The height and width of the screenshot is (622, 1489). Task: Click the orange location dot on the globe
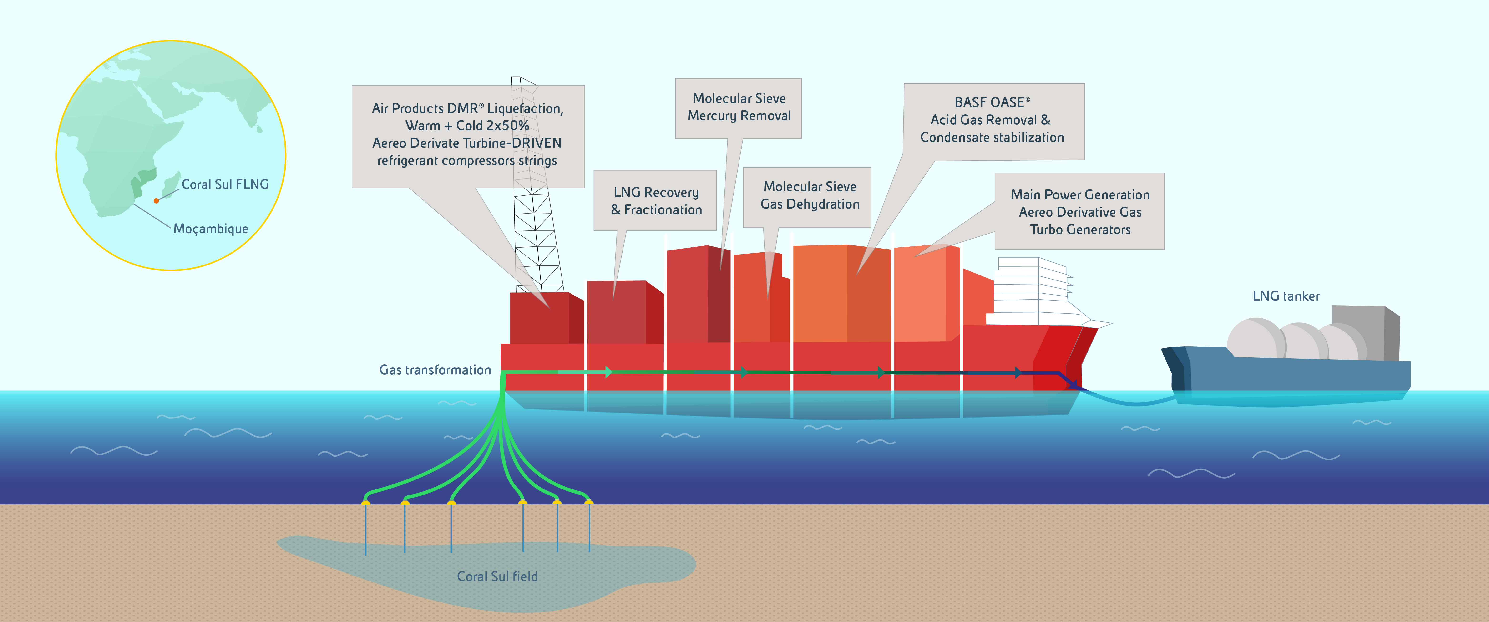(x=156, y=201)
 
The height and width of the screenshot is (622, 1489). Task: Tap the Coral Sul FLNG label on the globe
(x=225, y=184)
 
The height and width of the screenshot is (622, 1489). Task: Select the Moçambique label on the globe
(x=210, y=229)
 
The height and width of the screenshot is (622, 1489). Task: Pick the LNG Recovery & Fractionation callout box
(x=655, y=201)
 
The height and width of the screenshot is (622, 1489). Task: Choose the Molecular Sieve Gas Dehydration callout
(x=809, y=195)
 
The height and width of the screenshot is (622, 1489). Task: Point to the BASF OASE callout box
(x=993, y=120)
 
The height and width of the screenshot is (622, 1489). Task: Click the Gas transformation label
(x=435, y=370)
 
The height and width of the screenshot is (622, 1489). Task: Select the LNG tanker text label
(x=1286, y=296)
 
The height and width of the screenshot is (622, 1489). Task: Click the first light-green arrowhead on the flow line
(x=608, y=372)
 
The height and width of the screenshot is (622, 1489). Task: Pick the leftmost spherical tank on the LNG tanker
(x=1254, y=338)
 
